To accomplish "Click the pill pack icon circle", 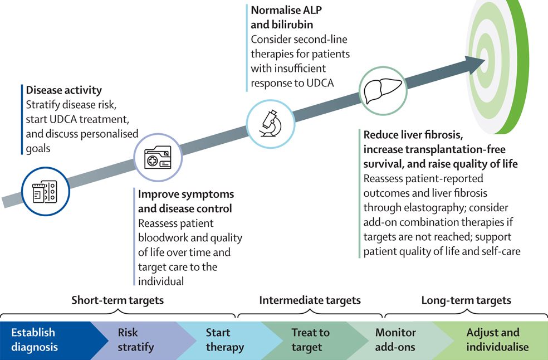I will (44, 191).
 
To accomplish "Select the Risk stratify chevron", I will (136, 340).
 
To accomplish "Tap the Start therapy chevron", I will (224, 340).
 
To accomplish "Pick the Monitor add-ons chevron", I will (395, 340).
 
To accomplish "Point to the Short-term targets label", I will (118, 300).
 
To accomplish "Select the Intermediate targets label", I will (310, 300).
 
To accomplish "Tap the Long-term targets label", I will (466, 300).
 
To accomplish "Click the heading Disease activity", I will (64, 90).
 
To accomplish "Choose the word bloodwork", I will (165, 238).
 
